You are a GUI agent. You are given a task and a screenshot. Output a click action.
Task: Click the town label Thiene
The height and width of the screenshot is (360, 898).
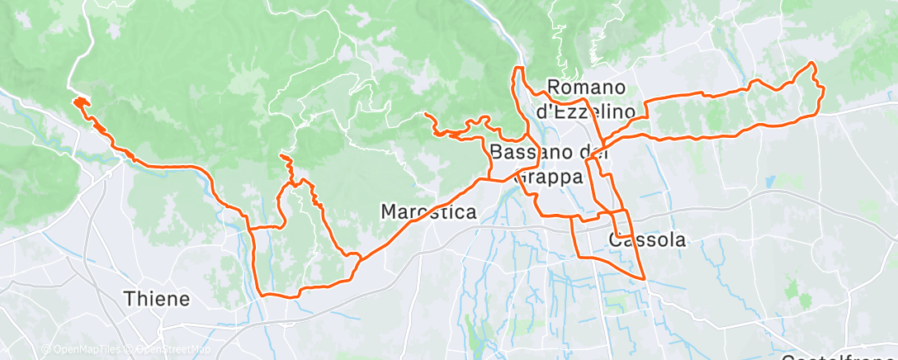tap(157, 298)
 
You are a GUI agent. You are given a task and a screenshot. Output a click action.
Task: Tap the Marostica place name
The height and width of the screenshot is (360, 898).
tap(429, 212)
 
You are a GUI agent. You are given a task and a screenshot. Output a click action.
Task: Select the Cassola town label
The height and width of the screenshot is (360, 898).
tap(647, 240)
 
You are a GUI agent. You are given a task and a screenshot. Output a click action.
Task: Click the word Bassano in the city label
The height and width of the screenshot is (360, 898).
tap(529, 151)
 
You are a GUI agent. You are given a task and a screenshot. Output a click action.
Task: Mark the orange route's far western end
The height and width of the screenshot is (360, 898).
tap(76, 102)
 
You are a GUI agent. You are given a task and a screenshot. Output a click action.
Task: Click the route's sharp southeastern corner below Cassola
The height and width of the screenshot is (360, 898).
tap(643, 278)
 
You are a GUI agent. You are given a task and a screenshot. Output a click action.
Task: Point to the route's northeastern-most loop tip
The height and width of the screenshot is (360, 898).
tap(811, 64)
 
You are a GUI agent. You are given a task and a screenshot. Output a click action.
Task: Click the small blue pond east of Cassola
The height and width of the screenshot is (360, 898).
tap(769, 181)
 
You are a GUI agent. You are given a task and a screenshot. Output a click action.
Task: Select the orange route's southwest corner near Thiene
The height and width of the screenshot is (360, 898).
tap(263, 293)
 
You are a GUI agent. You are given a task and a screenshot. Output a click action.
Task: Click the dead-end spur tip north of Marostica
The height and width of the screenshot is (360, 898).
tap(425, 114)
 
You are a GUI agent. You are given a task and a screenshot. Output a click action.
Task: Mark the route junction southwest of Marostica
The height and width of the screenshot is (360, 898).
tap(359, 258)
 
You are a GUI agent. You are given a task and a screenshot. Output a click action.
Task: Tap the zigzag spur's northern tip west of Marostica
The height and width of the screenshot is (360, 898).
tap(282, 155)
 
